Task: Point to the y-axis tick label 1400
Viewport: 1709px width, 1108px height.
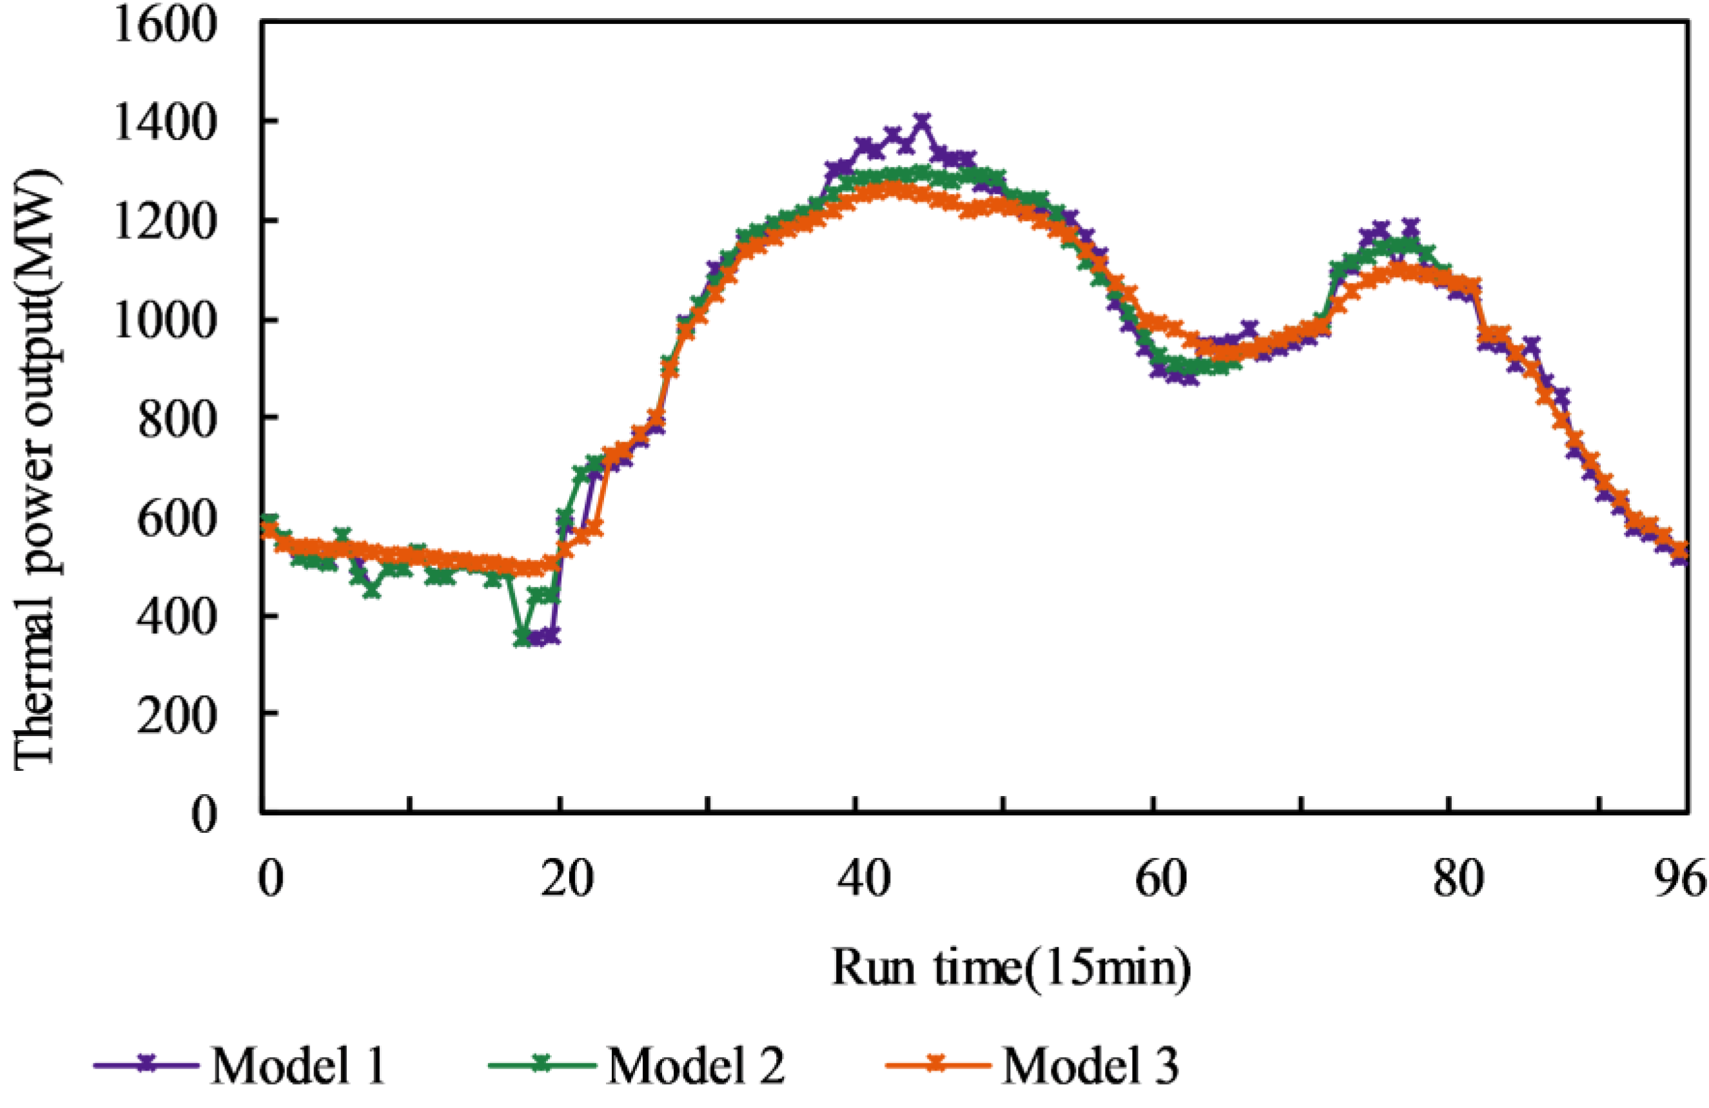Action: (x=166, y=124)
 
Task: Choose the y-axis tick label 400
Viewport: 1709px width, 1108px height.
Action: (x=177, y=616)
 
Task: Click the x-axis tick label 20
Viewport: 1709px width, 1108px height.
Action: (x=567, y=878)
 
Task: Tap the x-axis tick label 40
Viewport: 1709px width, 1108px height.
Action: (x=864, y=878)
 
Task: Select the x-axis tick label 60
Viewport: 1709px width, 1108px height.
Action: (x=1160, y=878)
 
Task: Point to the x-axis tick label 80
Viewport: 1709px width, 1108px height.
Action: (x=1458, y=878)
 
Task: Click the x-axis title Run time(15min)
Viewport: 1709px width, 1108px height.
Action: (x=1011, y=967)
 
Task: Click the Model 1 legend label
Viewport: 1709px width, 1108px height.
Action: (x=298, y=1065)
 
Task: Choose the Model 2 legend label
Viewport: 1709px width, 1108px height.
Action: (x=695, y=1065)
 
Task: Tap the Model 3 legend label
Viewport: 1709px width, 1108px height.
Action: (x=1090, y=1065)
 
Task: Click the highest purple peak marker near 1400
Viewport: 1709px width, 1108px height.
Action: (x=922, y=121)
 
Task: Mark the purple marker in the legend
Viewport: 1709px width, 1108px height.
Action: (x=146, y=1064)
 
